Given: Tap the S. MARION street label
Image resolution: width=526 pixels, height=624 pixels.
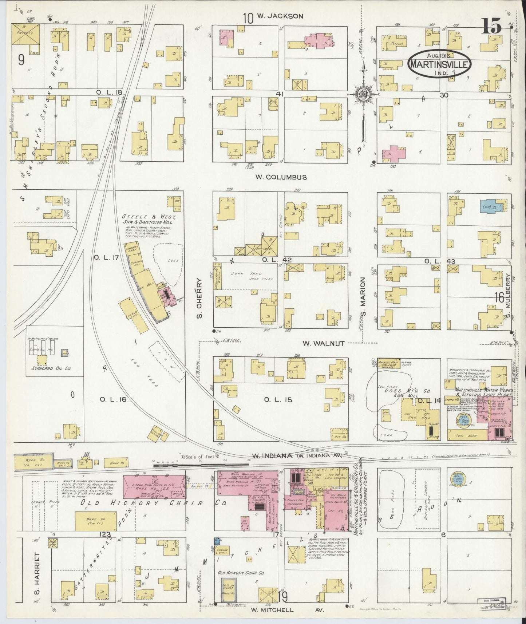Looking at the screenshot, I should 363,298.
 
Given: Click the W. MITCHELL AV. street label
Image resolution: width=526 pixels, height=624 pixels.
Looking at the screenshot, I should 287,610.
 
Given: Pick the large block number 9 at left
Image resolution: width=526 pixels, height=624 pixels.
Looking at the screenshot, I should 21,60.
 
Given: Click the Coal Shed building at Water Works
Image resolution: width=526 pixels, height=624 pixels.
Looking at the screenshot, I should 467,435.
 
